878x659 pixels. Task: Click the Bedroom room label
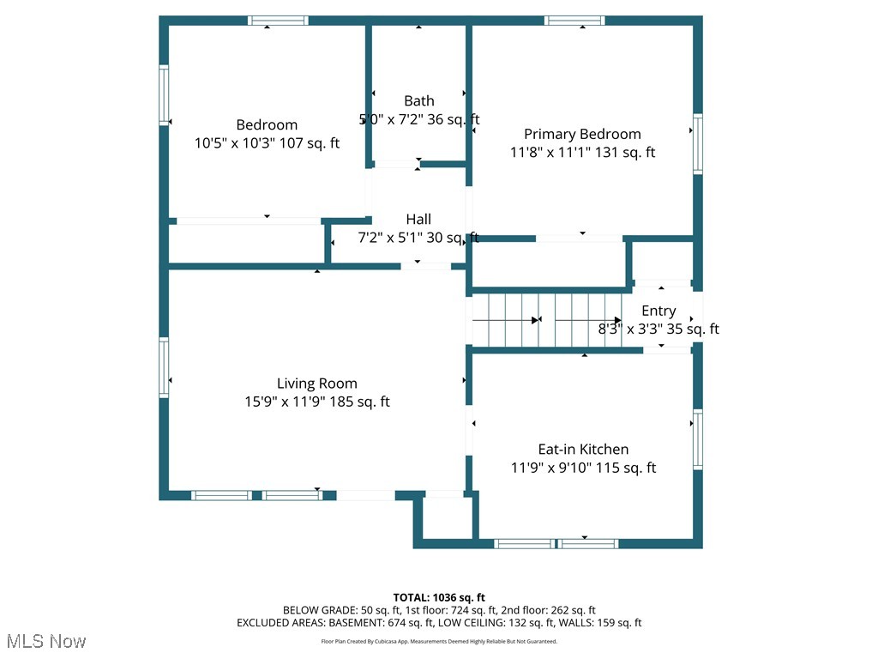267,125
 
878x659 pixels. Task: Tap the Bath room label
419,101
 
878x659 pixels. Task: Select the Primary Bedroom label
582,134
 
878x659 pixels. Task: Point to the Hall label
418,220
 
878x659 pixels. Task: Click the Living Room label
316,384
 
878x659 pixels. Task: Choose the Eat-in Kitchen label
583,450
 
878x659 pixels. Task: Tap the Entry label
658,311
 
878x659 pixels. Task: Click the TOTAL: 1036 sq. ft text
439,597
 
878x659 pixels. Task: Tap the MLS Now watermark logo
45,641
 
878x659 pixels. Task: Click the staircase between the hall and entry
545,320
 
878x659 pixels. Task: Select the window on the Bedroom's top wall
278,21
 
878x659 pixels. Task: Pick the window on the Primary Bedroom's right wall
697,143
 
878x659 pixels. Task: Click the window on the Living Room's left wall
164,367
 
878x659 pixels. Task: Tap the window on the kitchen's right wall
697,439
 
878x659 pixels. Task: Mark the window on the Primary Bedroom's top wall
574,21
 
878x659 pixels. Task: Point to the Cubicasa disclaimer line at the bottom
439,641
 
